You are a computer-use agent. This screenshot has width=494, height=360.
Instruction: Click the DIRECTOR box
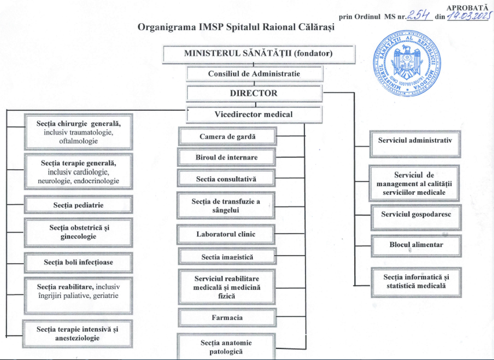[x=254, y=93]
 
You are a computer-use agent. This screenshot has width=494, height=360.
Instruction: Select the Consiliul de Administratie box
[x=254, y=74]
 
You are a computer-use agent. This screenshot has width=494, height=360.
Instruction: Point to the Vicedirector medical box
[x=254, y=114]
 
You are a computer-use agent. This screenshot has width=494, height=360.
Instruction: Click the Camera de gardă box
[x=227, y=137]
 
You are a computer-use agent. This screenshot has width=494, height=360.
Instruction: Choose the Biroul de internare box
[x=226, y=157]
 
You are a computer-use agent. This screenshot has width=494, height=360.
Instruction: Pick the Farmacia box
[x=227, y=318]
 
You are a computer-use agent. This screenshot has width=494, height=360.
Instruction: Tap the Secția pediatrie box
[x=78, y=205]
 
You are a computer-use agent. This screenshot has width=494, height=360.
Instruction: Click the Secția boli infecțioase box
[x=78, y=263]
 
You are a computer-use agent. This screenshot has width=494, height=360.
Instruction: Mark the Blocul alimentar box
[x=416, y=245]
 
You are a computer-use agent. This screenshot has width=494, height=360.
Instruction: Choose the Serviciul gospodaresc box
[x=416, y=214]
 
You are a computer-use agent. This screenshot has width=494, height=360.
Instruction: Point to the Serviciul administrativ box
[x=414, y=140]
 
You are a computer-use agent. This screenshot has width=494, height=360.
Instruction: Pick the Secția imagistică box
[x=227, y=256]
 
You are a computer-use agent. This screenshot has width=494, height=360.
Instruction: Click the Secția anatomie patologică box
[x=226, y=347]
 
